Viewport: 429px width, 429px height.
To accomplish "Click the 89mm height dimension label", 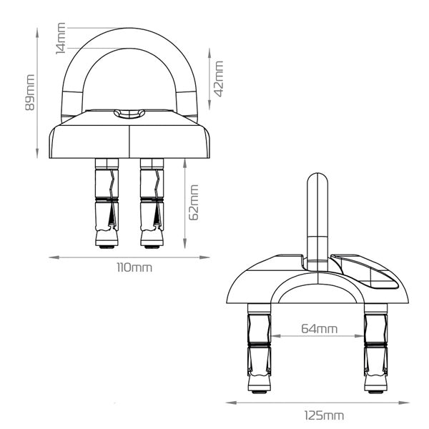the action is pos(30,92).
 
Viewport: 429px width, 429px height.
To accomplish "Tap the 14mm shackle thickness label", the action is pos(61,39).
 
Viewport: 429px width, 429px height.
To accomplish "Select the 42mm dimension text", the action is pos(219,79).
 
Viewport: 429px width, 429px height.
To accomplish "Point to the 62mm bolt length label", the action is pos(194,202).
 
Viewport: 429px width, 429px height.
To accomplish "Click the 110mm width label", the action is pos(134,267).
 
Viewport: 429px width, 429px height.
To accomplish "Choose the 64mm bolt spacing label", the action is pos(320,329).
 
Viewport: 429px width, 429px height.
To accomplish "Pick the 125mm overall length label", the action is pos(325,415).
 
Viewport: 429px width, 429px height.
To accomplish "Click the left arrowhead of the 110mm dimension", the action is pos(54,257).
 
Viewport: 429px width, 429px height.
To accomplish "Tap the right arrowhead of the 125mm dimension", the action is pos(404,403).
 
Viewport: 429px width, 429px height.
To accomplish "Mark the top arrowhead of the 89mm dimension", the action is pos(37,33).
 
